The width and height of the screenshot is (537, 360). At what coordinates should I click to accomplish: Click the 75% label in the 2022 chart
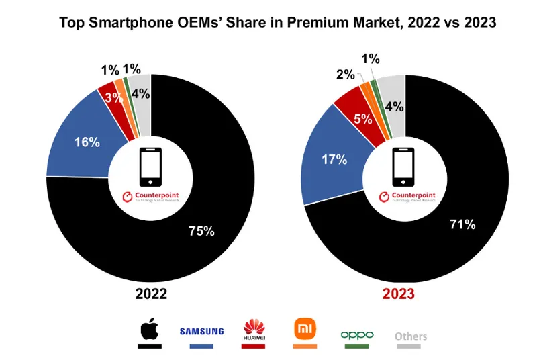pyautogui.click(x=201, y=231)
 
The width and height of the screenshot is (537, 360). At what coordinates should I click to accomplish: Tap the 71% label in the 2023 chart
pyautogui.click(x=462, y=224)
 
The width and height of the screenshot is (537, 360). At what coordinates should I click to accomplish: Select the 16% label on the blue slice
pyautogui.click(x=87, y=142)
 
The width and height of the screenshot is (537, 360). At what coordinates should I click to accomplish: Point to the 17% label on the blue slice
pyautogui.click(x=334, y=159)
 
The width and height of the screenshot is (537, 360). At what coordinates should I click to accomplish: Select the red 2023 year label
pyautogui.click(x=405, y=294)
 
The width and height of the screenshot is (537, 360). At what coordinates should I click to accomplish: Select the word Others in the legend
pyautogui.click(x=410, y=336)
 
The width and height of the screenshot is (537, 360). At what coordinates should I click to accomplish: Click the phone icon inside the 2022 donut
pyautogui.click(x=150, y=167)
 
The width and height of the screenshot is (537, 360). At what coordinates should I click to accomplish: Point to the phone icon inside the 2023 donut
pyautogui.click(x=404, y=167)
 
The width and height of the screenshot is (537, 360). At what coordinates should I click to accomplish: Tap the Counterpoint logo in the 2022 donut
pyautogui.click(x=150, y=198)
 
